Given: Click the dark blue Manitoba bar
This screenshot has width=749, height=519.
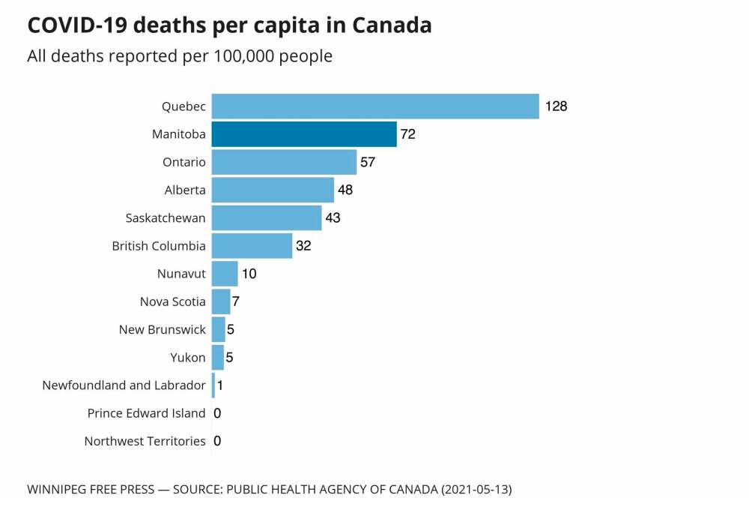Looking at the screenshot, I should (x=303, y=134).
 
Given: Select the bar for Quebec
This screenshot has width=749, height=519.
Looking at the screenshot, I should (x=374, y=106).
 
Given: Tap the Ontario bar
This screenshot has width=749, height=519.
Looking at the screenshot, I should (x=284, y=162).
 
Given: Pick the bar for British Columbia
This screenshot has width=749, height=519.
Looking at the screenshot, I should (x=252, y=246).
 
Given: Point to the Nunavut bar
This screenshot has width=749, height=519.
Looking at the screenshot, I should (x=225, y=274).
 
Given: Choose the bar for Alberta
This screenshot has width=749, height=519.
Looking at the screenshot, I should (x=273, y=190).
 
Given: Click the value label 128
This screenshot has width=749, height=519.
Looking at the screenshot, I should (x=557, y=106).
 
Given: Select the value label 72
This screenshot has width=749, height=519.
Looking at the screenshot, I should (x=407, y=135).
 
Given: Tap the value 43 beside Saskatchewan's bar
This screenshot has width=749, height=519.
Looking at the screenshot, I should (x=333, y=218).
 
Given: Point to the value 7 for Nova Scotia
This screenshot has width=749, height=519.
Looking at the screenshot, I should (x=235, y=302).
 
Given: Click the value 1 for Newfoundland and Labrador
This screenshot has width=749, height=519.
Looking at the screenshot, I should (x=220, y=385).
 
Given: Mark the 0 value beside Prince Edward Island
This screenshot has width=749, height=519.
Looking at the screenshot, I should (x=217, y=413).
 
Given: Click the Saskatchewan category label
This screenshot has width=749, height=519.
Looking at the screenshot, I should (x=166, y=218).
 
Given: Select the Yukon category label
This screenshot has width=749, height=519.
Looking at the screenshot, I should (x=188, y=358).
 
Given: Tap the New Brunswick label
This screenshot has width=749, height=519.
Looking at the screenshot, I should (x=162, y=329).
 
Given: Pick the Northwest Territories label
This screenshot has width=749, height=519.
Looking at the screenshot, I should (x=145, y=441).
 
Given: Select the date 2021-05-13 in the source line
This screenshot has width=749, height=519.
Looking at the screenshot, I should (x=476, y=490).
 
